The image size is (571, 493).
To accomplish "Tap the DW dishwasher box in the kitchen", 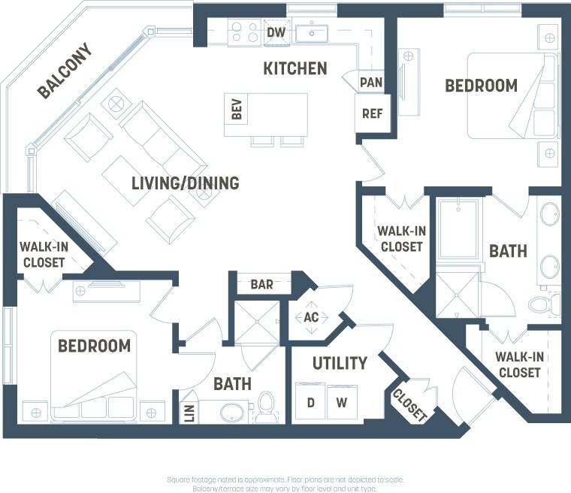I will pos(275,32).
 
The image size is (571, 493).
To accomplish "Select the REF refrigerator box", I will pos(372,113).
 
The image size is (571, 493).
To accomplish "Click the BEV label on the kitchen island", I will pos(237,111).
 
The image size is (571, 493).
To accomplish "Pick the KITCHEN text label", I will pos(295,68).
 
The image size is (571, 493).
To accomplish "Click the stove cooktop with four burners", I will pos(244,32).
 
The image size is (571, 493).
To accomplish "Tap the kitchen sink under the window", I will pos(310,33).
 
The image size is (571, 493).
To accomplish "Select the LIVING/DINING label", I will pos(185,183).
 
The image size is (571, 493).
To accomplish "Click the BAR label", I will pos(261,285).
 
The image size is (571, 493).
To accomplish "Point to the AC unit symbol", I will pos(311,317).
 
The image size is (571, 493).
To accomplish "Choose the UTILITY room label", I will pos(340,363).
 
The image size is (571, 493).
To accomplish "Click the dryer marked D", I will pos(310,402).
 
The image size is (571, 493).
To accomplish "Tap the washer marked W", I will pos(342,402).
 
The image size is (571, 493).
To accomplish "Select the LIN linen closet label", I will pos(189,413).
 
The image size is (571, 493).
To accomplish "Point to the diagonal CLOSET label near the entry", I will pos(410,404).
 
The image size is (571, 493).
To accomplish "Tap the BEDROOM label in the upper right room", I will pos(481,86).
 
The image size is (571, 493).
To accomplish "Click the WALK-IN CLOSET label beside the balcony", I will pos(42,255).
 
